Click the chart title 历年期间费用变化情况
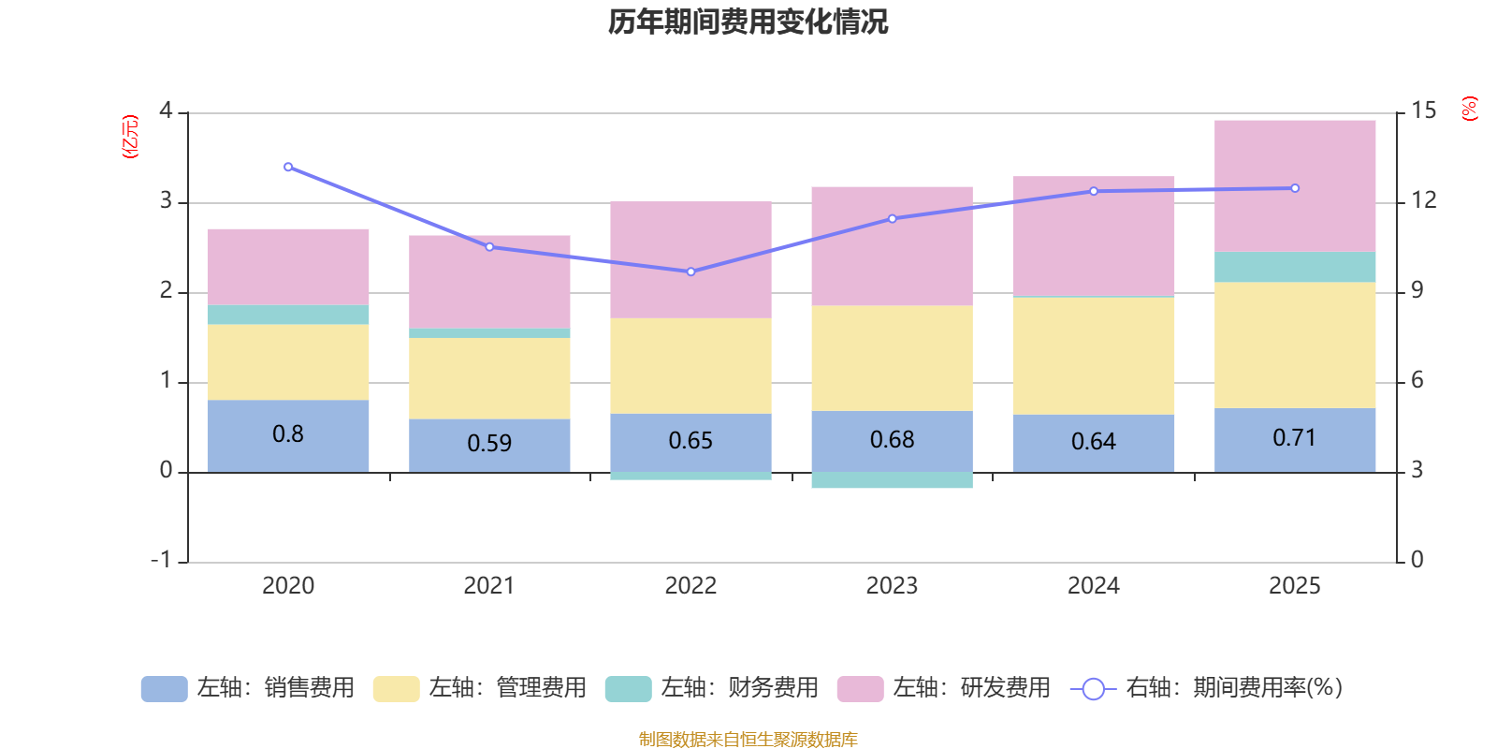(748, 22)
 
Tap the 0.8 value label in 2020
(288, 434)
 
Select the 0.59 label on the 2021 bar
(489, 443)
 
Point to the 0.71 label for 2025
(1295, 438)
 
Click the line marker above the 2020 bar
(288, 167)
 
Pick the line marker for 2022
(690, 272)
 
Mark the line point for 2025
(1295, 188)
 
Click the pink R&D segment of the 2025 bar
(1295, 185)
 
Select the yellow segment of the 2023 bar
(892, 358)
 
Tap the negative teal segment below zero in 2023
(892, 480)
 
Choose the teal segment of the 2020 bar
(288, 315)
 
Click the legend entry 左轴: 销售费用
(248, 688)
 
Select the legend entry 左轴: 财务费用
(712, 688)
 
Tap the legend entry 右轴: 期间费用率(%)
(1206, 688)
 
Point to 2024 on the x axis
(1093, 586)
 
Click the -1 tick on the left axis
(161, 559)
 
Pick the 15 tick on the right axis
(1423, 110)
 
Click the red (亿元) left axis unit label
(130, 137)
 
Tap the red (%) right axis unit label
(1469, 109)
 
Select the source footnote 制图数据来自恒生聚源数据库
(748, 740)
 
